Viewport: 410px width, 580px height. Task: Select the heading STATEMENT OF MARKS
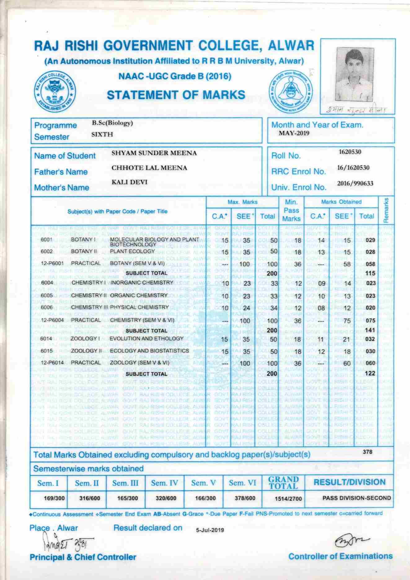point(176,95)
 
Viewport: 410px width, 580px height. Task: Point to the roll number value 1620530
point(350,152)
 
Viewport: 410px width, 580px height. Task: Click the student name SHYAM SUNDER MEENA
point(154,153)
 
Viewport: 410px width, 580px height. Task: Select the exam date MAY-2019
point(294,133)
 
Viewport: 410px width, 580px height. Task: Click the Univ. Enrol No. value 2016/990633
point(355,183)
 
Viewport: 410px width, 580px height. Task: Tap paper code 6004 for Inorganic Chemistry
point(47,283)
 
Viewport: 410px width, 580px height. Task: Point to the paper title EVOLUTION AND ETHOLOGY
point(147,338)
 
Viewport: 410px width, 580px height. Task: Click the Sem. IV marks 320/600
point(164,498)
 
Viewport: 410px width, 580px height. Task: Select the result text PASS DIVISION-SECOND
point(356,498)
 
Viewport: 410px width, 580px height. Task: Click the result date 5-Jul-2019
point(210,530)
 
